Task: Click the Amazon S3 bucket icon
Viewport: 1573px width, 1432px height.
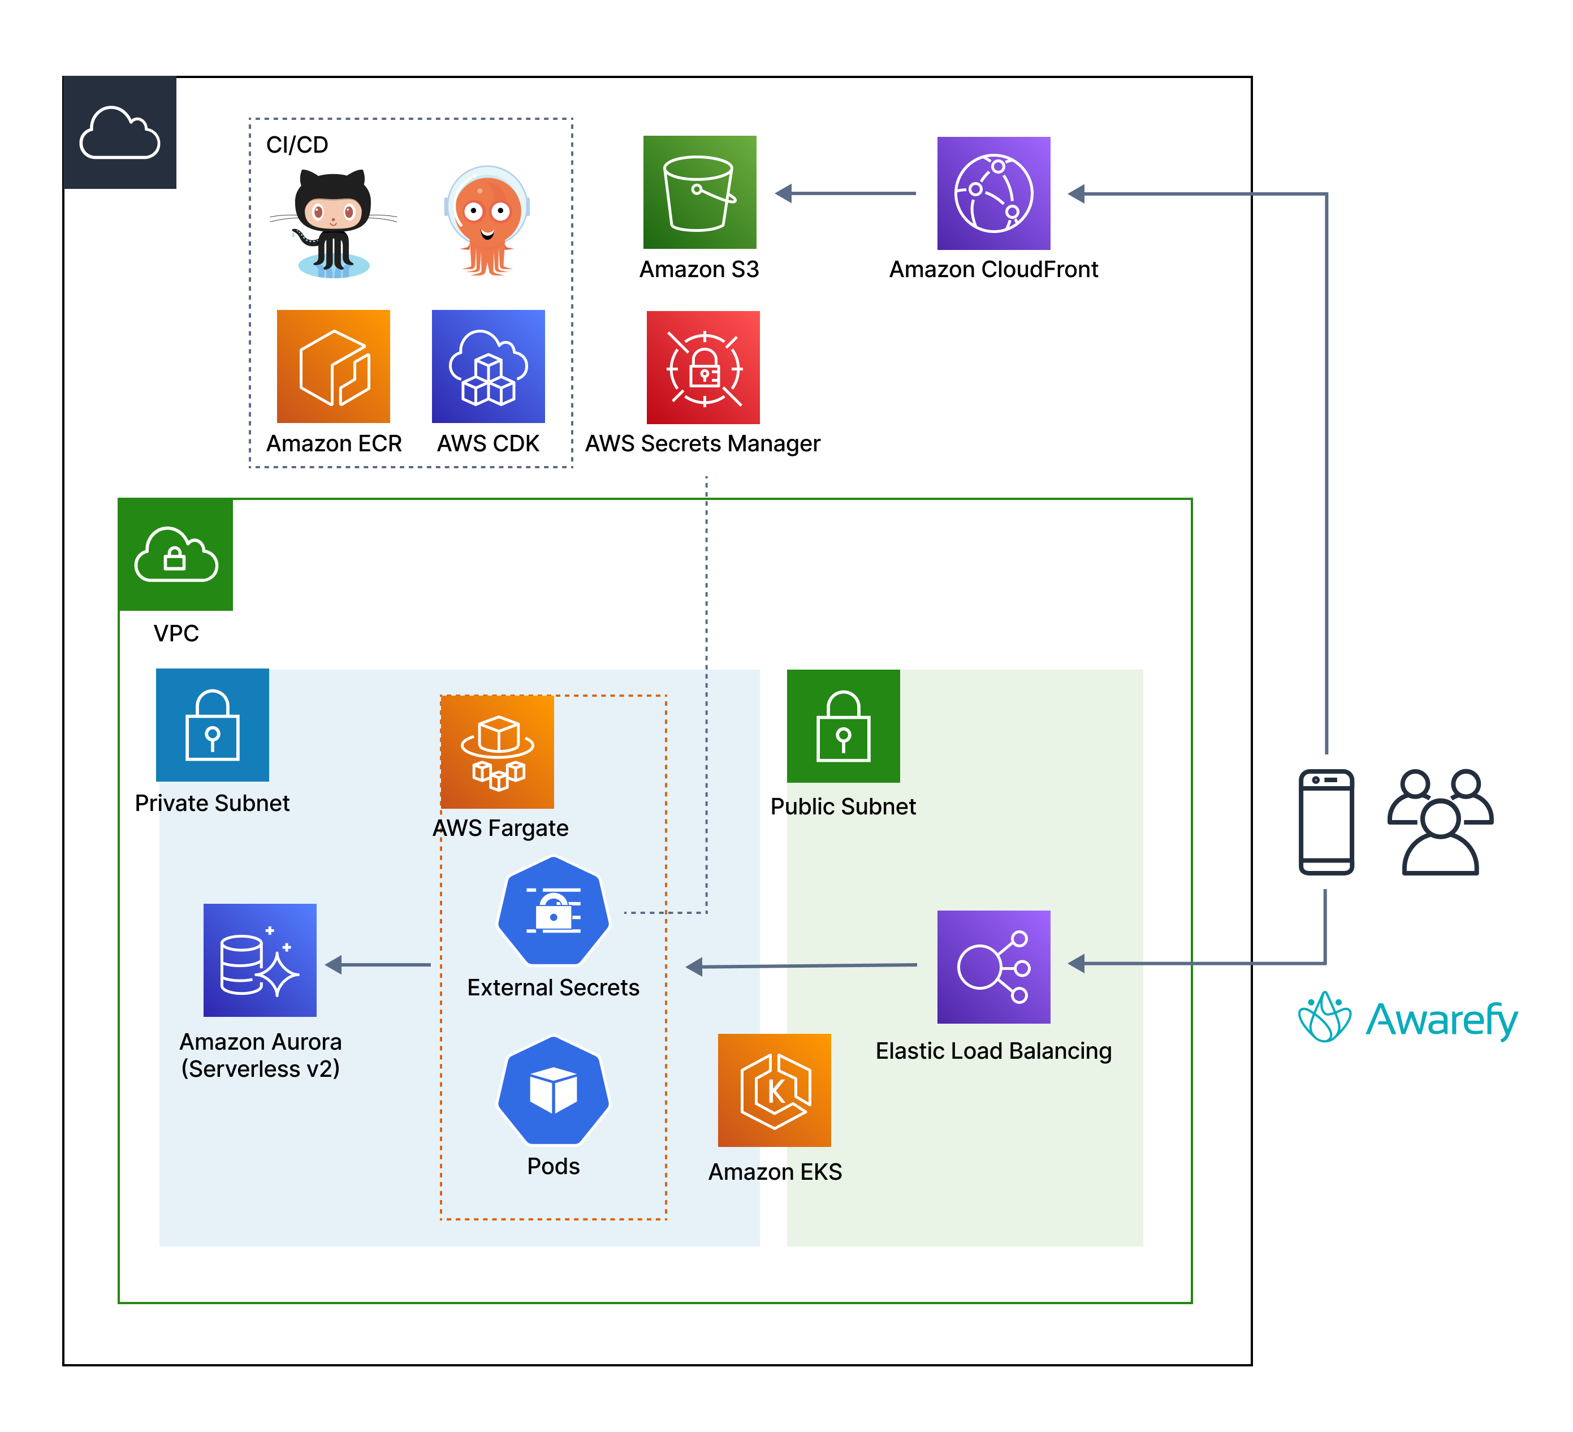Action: click(x=699, y=193)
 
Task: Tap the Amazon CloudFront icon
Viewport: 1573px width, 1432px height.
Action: click(x=993, y=193)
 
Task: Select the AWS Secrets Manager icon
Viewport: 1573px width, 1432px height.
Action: click(x=703, y=368)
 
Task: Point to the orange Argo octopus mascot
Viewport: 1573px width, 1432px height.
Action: click(x=487, y=221)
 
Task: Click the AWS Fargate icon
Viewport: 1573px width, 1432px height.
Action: click(x=497, y=752)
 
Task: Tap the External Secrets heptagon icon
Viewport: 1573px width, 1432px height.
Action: click(x=553, y=911)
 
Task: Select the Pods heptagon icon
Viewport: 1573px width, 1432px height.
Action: click(x=553, y=1090)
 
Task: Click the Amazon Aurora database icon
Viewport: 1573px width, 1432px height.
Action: click(x=260, y=960)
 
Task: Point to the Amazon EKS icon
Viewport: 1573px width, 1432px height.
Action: click(x=774, y=1090)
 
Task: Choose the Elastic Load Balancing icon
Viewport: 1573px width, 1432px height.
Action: click(x=993, y=967)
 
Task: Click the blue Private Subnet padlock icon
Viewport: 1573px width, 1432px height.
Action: click(x=212, y=725)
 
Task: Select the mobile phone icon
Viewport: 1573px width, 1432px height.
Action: click(x=1326, y=822)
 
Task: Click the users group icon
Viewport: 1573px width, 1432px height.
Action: click(x=1440, y=822)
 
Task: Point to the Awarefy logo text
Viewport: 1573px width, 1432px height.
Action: click(x=1441, y=1019)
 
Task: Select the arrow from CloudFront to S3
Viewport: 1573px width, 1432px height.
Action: click(x=846, y=193)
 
